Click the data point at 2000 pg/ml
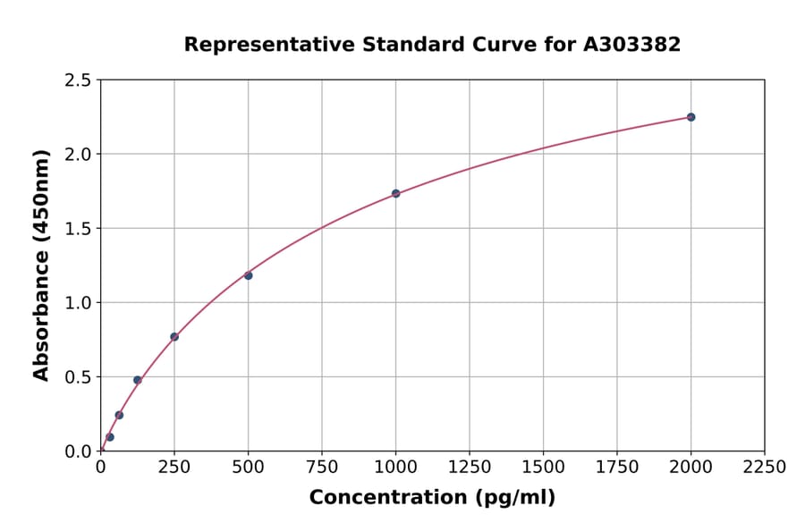[691, 117]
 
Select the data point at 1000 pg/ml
[395, 193]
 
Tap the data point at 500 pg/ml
[248, 275]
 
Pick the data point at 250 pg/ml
[174, 337]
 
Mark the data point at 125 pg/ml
[138, 380]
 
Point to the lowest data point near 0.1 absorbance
[110, 437]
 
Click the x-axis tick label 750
[322, 468]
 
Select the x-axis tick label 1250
[470, 468]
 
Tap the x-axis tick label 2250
[765, 468]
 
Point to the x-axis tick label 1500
[543, 468]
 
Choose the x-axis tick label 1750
[617, 468]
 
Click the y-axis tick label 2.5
[78, 80]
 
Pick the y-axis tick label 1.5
[78, 229]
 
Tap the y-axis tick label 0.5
[78, 377]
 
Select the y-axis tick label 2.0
[78, 155]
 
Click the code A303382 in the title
[631, 45]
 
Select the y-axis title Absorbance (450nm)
[41, 265]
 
